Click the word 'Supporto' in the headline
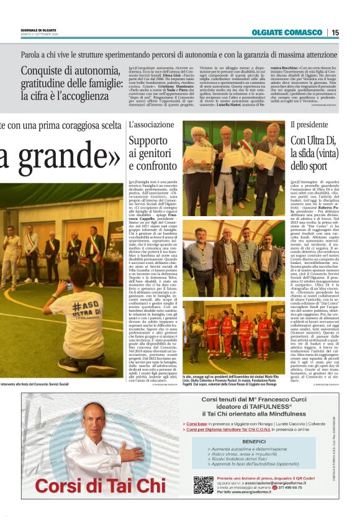pyautogui.click(x=146, y=140)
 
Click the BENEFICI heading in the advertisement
pyautogui.click(x=253, y=441)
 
